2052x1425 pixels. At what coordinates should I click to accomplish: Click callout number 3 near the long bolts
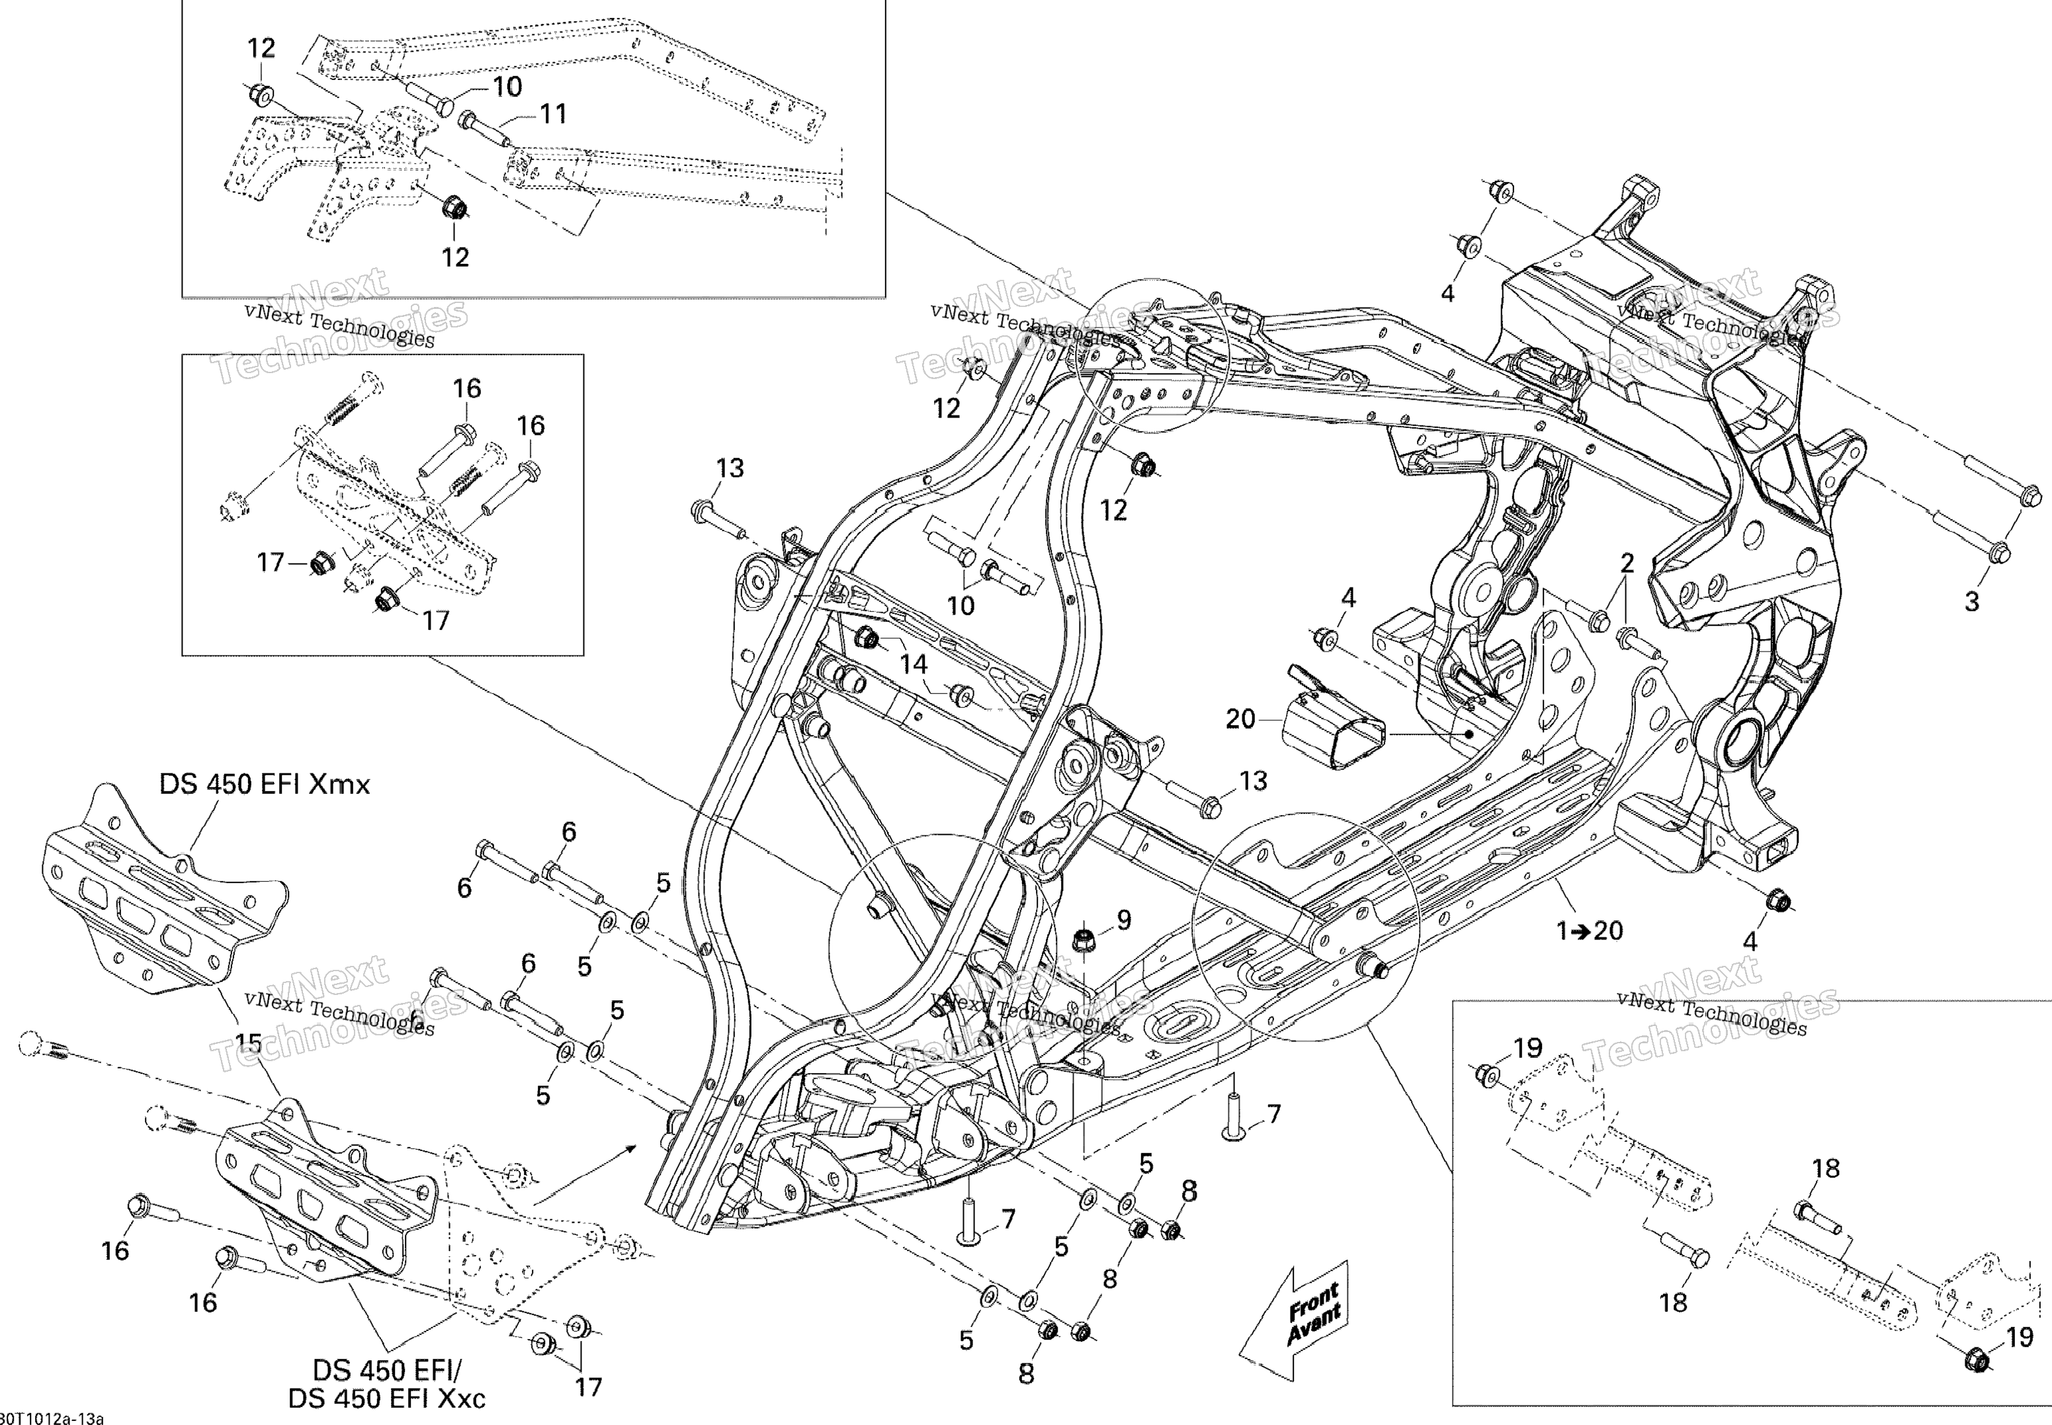point(1972,602)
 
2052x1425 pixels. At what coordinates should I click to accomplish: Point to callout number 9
point(1124,920)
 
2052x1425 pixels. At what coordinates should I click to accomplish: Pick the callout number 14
point(913,664)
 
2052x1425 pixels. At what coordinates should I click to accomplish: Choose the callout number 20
point(1241,718)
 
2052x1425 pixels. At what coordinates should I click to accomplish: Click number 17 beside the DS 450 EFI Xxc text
point(588,1387)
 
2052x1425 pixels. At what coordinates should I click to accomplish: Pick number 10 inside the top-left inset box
point(507,87)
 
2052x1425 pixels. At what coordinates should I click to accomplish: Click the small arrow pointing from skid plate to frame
point(585,1172)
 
